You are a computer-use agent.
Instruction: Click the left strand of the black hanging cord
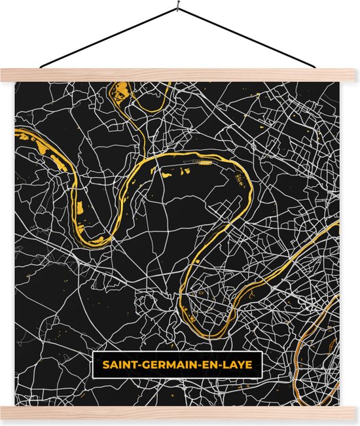[x=108, y=39]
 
